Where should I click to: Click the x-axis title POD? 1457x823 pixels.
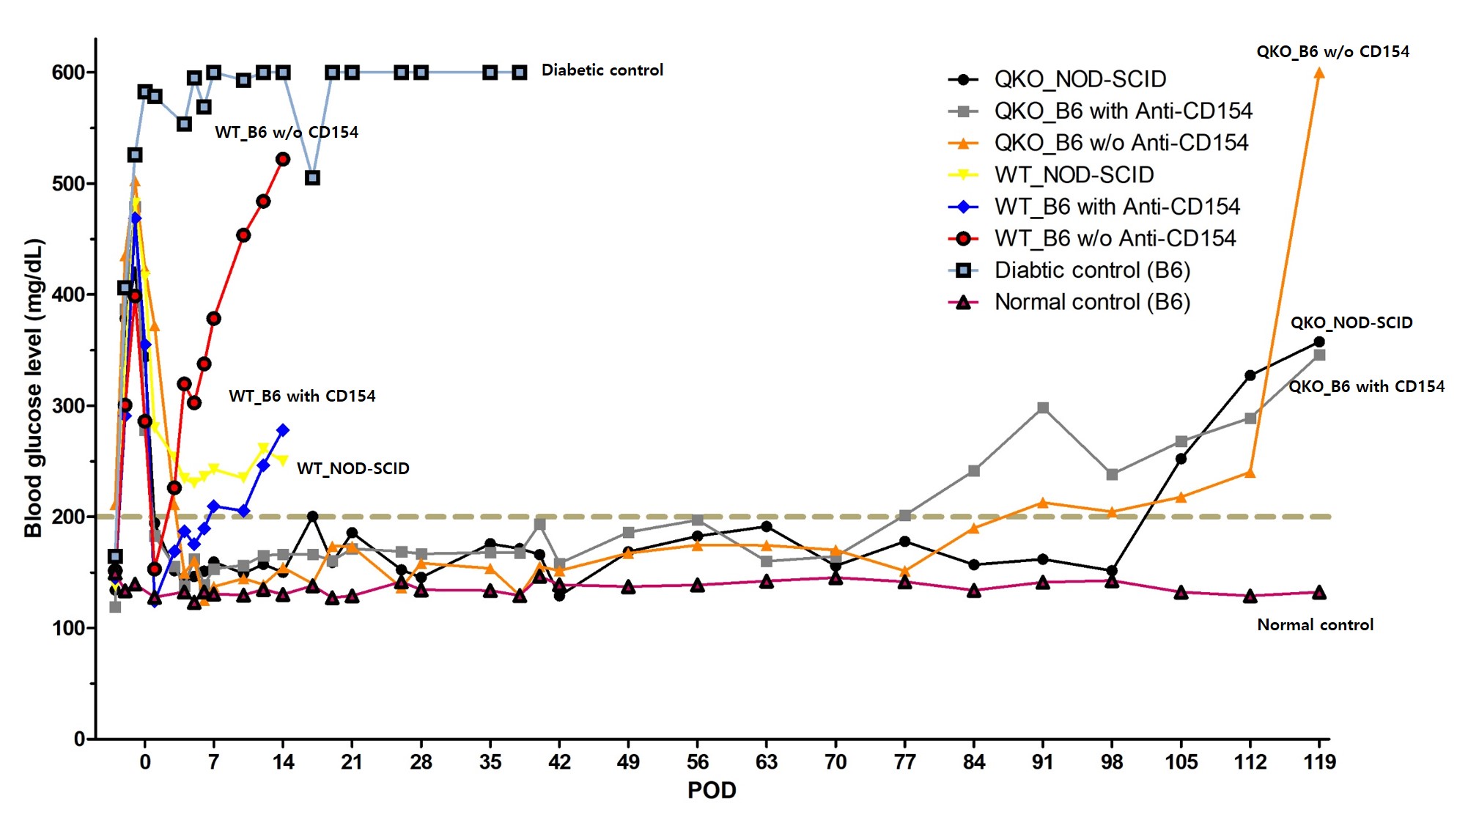pos(711,790)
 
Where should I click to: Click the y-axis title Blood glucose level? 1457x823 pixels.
pos(34,388)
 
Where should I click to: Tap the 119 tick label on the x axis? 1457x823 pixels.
pos(1319,762)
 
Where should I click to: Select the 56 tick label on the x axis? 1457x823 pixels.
pos(697,762)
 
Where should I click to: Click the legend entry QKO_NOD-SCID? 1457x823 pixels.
pos(1080,79)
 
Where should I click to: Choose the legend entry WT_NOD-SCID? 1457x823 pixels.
pos(1074,174)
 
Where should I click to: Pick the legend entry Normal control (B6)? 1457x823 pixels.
pos(1091,302)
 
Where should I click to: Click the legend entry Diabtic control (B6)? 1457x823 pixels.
pos(1091,270)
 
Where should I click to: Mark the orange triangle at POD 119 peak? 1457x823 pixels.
pos(1319,73)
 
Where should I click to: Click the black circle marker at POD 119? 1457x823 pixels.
pos(1319,342)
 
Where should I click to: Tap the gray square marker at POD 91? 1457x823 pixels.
pos(1043,407)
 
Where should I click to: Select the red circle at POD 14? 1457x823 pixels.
pos(283,159)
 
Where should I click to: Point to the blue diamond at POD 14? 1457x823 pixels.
pos(283,430)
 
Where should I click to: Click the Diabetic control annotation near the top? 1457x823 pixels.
pos(602,70)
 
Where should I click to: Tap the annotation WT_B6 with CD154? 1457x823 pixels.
pos(302,396)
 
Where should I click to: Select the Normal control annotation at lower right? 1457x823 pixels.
pos(1315,624)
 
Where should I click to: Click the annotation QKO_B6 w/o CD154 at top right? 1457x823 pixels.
pos(1332,51)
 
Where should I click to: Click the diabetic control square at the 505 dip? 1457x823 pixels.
pos(312,178)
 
